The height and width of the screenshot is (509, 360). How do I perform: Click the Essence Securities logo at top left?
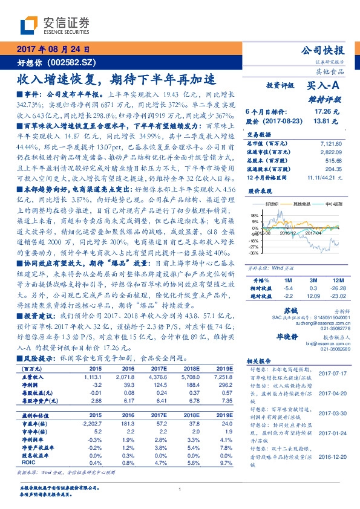click(x=54, y=25)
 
